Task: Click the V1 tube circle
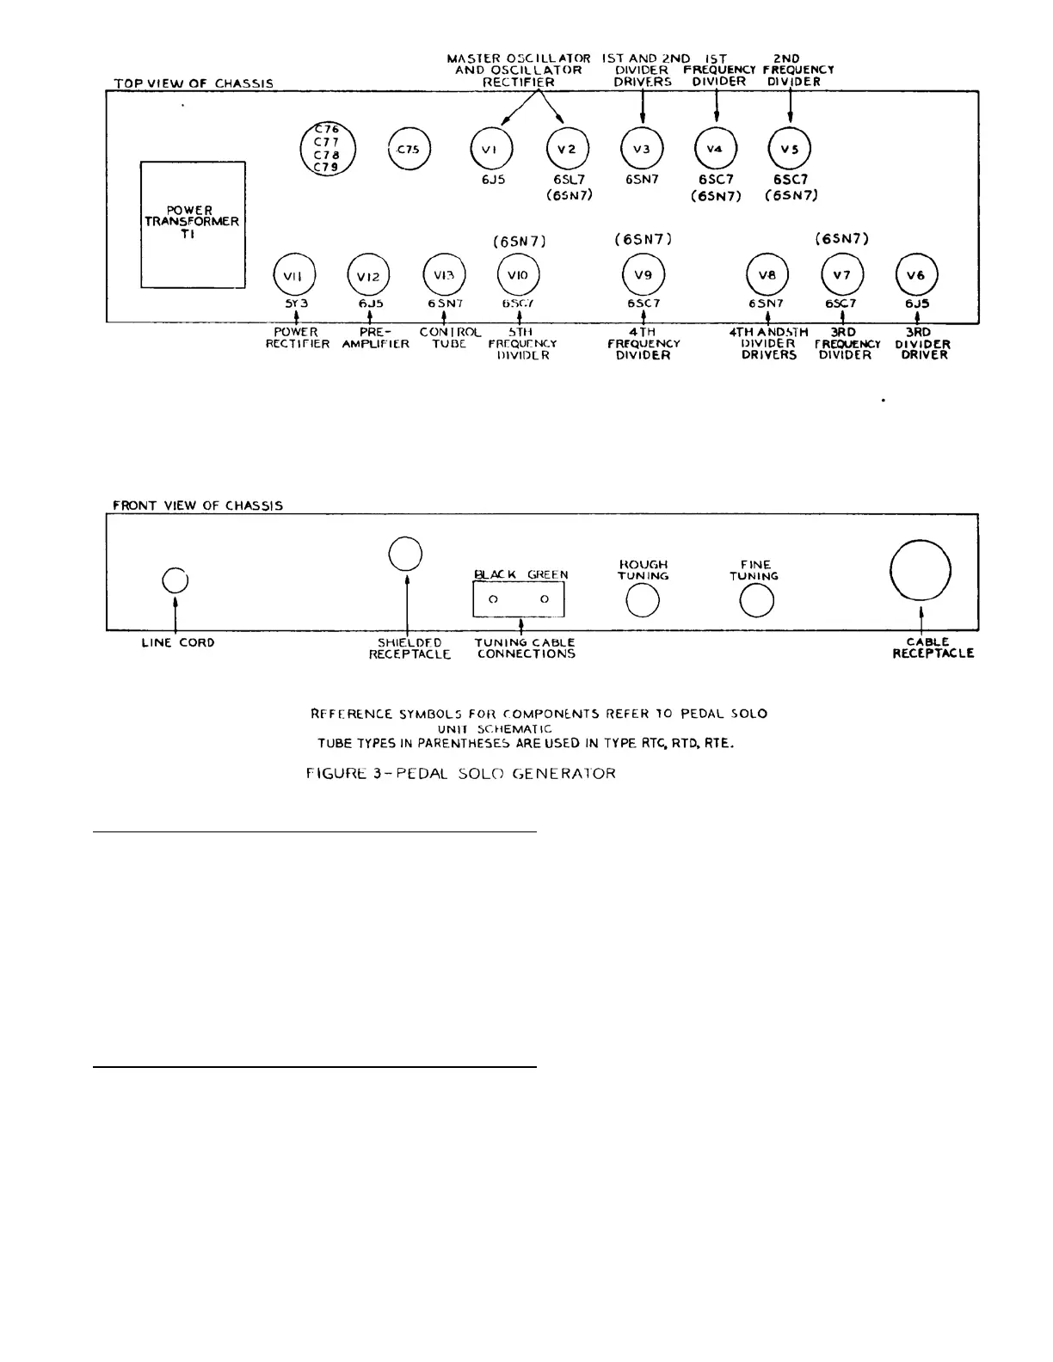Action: [491, 149]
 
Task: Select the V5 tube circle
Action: [789, 149]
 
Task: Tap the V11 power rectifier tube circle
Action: [294, 275]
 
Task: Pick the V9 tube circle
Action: [643, 275]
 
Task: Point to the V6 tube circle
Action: [917, 275]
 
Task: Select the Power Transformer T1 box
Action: [193, 224]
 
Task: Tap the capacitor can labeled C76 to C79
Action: [327, 149]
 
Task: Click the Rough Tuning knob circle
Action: [643, 600]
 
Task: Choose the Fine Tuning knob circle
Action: [756, 600]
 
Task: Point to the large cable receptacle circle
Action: [920, 571]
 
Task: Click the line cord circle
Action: [175, 581]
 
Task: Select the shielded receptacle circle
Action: [405, 554]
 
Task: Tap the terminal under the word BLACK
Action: [493, 599]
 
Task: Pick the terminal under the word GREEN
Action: [545, 599]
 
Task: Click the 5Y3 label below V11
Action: [296, 304]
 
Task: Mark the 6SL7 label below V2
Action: [569, 181]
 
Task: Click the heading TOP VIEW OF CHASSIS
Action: [194, 83]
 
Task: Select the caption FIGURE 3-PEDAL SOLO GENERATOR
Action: [461, 773]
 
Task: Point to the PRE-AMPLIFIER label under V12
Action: [370, 338]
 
